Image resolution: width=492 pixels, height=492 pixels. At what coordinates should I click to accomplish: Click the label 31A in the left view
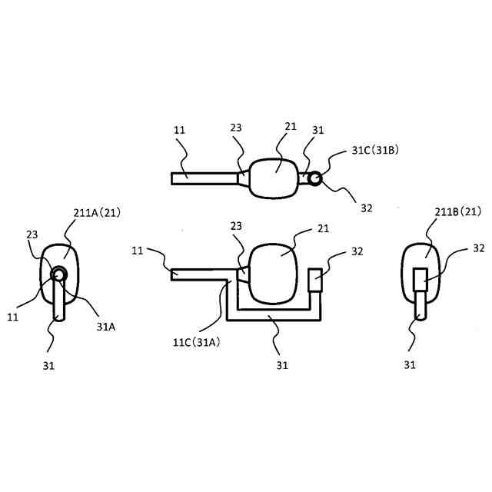point(107,325)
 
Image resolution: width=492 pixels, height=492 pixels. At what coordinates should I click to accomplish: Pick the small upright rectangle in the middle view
point(316,280)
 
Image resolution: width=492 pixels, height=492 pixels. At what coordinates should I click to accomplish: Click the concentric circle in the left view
point(59,275)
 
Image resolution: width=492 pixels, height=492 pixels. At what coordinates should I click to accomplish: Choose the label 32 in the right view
point(478,248)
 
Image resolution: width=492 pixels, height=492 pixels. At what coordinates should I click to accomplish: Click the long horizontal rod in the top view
point(204,178)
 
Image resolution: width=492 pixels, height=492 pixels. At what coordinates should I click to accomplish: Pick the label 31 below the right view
point(410,364)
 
